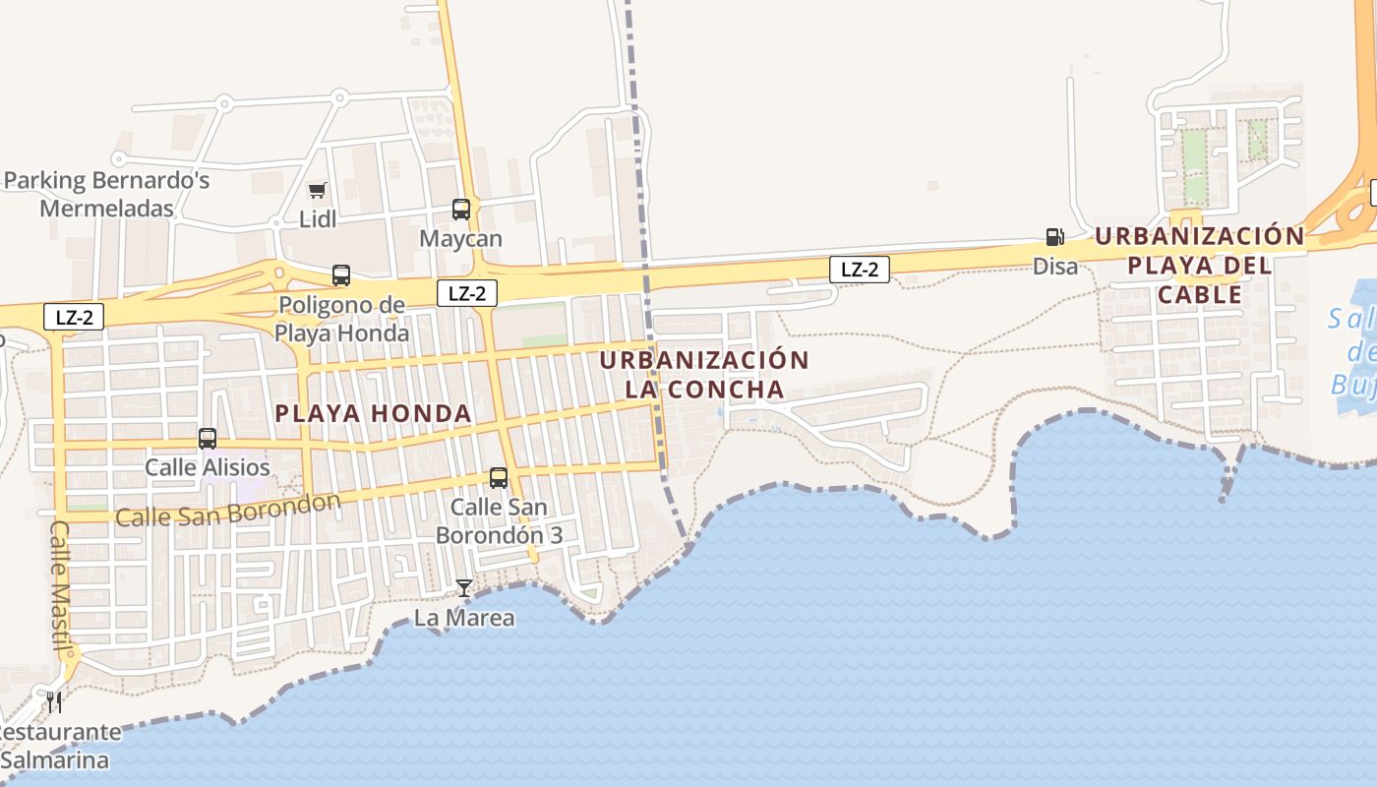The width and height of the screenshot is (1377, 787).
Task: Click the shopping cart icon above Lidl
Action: point(317,190)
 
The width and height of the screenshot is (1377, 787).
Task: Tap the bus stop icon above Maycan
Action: point(460,209)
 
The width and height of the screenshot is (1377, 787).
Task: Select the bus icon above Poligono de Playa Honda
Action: point(341,275)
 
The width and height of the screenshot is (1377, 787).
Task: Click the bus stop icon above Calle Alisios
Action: point(208,439)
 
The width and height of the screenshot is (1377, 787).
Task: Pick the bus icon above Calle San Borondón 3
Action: point(499,478)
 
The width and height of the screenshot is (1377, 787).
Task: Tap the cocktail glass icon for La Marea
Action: point(464,588)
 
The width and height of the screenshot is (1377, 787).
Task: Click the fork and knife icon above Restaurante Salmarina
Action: point(54,701)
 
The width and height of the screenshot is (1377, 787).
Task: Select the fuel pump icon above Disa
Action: point(1054,237)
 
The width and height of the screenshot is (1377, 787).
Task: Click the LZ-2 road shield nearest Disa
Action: point(860,269)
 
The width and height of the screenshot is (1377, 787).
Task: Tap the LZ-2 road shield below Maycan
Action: point(467,292)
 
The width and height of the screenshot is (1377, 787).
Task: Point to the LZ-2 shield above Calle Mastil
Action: point(74,317)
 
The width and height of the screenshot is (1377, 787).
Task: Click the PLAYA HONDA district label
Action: point(374,414)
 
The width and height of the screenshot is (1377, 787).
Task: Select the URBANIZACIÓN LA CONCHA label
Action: point(704,375)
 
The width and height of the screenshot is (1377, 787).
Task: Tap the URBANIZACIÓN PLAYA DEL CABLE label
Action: point(1199,266)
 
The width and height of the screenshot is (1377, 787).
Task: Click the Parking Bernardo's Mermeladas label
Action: point(107,195)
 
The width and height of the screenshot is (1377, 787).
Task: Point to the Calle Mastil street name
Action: point(61,588)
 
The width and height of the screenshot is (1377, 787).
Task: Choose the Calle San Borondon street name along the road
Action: point(228,510)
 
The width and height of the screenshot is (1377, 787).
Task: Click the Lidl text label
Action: point(318,219)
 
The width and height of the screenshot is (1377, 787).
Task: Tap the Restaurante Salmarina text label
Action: point(61,747)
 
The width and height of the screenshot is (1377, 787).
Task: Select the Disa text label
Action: point(1055,266)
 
